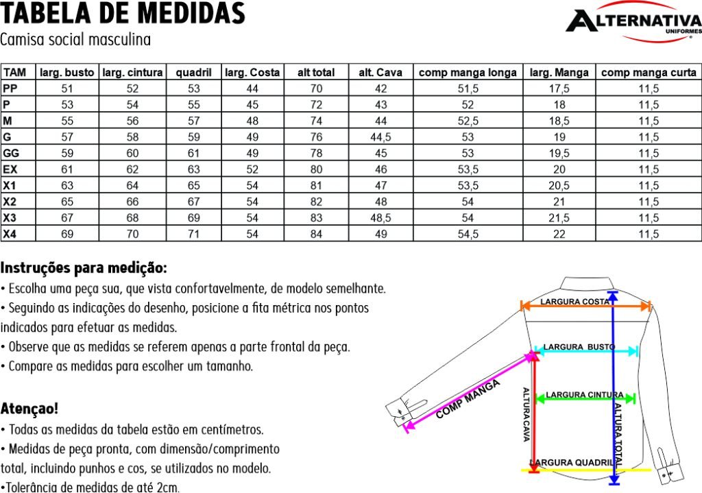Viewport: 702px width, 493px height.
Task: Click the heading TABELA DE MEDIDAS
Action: pos(123,13)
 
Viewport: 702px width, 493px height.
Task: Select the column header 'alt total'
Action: pos(315,72)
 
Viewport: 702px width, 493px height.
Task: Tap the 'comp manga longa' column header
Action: pos(468,72)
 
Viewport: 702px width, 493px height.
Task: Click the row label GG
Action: pos(11,153)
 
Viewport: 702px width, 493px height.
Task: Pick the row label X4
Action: pos(10,234)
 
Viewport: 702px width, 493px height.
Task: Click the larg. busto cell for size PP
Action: pos(67,88)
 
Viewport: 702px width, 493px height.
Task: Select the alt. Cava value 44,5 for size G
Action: pos(380,137)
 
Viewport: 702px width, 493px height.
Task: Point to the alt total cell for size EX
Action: pos(316,169)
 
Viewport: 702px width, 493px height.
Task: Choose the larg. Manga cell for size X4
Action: pos(559,234)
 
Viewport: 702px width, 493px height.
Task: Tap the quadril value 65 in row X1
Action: pos(194,186)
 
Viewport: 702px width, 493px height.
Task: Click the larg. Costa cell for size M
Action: pos(252,121)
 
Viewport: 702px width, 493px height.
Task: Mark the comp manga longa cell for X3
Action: pos(468,218)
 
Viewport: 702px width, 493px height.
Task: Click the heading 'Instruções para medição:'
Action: pos(84,267)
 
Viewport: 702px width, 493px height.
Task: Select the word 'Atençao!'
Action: pos(29,409)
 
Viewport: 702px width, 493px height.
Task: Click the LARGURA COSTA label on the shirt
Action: pos(575,301)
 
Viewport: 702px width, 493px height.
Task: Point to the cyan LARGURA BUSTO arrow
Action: pos(586,352)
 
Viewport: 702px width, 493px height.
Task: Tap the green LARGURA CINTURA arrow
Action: pos(586,398)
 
